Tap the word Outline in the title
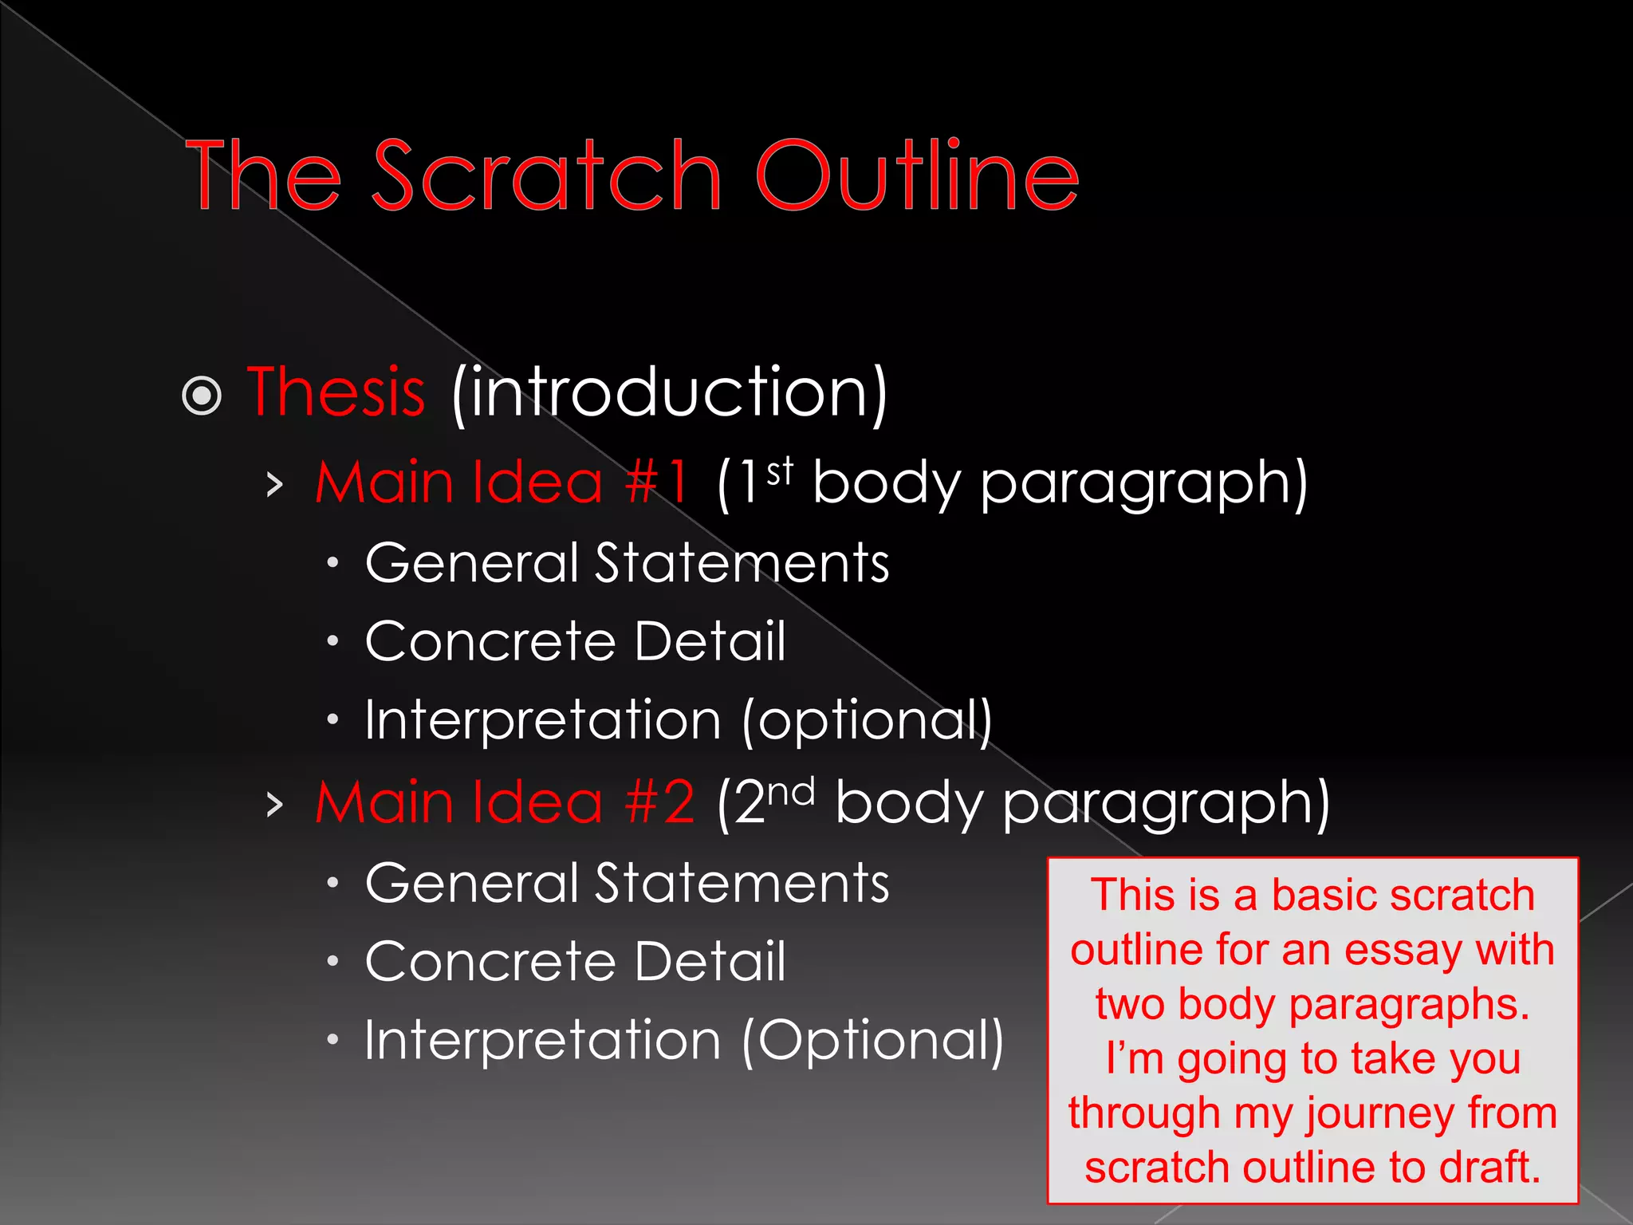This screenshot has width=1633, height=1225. click(917, 175)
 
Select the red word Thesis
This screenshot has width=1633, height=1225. click(336, 392)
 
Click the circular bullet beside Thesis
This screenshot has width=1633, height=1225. click(202, 396)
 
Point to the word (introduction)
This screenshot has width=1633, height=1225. click(669, 392)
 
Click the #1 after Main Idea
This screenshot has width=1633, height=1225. click(657, 483)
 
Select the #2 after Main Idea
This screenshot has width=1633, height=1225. click(660, 802)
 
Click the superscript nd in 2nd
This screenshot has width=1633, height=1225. click(791, 791)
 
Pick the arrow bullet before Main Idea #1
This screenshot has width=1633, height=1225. click(275, 484)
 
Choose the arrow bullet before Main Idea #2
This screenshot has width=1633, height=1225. click(275, 804)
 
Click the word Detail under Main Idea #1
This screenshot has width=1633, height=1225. click(710, 641)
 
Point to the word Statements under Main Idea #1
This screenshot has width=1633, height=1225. click(742, 563)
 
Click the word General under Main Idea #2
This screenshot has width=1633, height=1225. click(471, 883)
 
